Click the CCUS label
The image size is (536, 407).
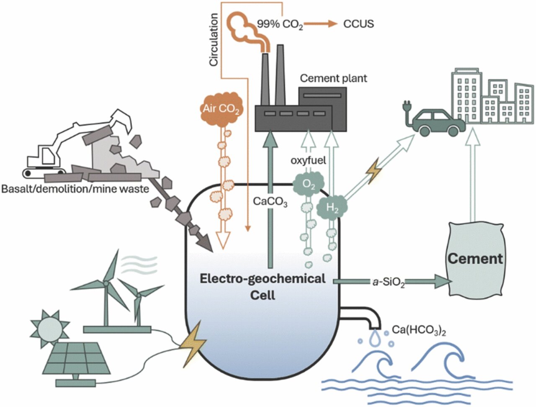point(358,24)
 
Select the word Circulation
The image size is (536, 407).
point(214,40)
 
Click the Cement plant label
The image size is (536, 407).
point(333,78)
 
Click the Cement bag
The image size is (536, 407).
point(475,258)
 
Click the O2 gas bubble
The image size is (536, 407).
point(308,185)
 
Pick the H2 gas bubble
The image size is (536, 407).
point(333,208)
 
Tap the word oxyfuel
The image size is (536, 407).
point(308,161)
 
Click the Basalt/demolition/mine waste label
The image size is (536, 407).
point(75,189)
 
